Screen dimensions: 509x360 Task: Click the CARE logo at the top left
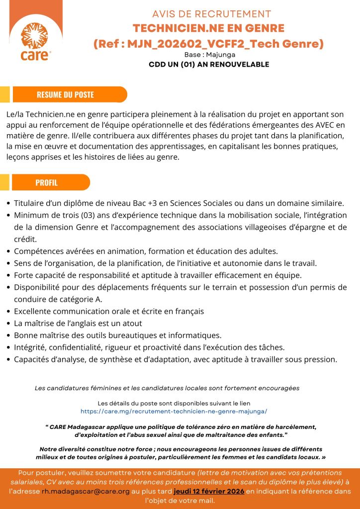(x=35, y=41)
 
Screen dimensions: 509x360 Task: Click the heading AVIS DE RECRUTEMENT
(x=211, y=14)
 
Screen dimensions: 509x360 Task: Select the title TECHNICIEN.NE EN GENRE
(x=208, y=28)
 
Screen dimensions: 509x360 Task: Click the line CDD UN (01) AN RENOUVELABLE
(x=209, y=65)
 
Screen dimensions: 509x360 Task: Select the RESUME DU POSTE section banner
(x=69, y=94)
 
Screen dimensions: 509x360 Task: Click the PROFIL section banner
(x=50, y=182)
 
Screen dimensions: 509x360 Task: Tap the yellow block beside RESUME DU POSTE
(x=5, y=94)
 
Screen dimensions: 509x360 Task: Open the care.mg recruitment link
(x=174, y=412)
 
